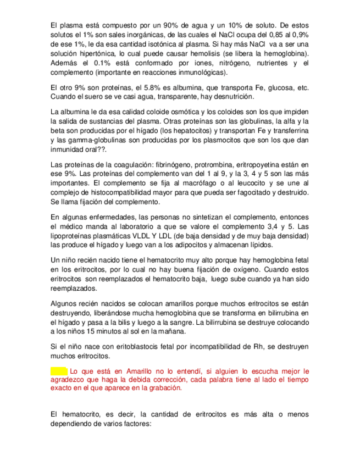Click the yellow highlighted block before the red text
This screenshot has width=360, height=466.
(x=58, y=371)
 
